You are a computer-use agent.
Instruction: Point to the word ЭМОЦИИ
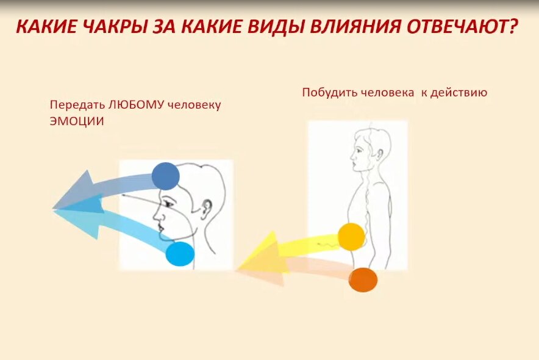pyautogui.click(x=77, y=121)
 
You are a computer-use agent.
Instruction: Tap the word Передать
pyautogui.click(x=77, y=104)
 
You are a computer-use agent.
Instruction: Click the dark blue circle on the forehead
pyautogui.click(x=165, y=176)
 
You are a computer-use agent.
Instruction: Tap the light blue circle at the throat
pyautogui.click(x=180, y=254)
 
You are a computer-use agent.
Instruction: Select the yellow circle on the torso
pyautogui.click(x=351, y=237)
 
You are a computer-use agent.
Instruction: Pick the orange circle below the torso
pyautogui.click(x=363, y=280)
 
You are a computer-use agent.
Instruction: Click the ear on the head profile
pyautogui.click(x=206, y=208)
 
